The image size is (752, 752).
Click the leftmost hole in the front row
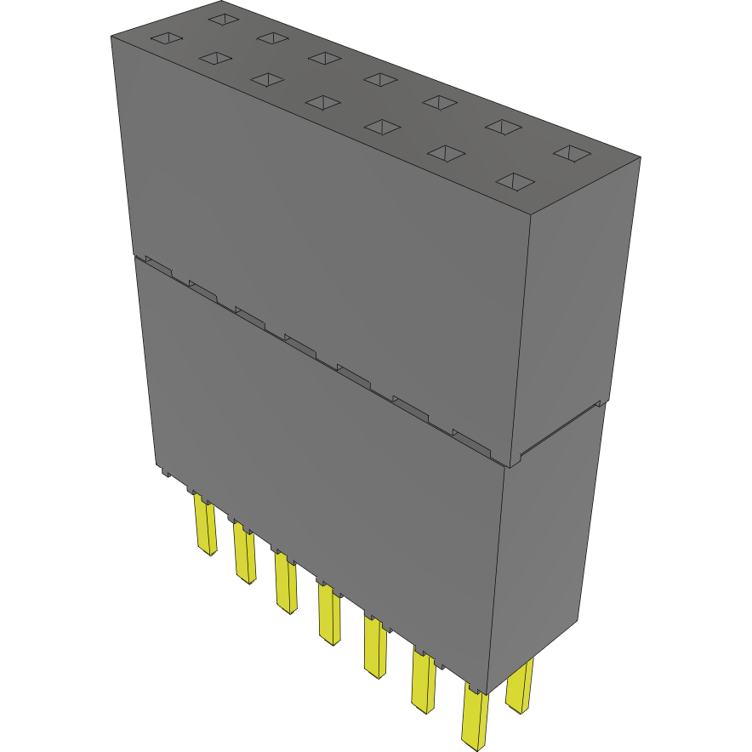[166, 38]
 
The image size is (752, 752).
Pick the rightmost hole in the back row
[572, 154]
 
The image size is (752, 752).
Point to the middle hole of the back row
[380, 79]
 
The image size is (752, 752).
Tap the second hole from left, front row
[215, 58]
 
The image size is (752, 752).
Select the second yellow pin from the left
[244, 553]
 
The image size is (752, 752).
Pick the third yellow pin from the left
[286, 583]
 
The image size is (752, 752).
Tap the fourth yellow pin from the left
[328, 612]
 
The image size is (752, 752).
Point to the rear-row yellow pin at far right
[519, 684]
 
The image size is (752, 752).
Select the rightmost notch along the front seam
[472, 439]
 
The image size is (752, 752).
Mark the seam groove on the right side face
[561, 430]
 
